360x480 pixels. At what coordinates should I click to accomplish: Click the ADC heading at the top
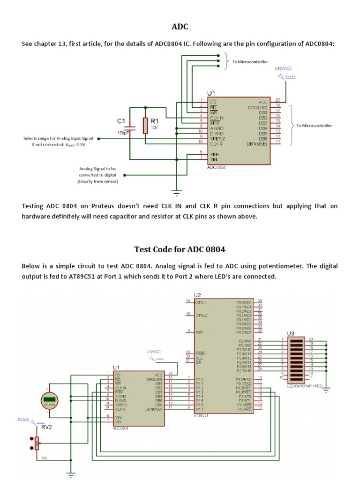pyautogui.click(x=180, y=27)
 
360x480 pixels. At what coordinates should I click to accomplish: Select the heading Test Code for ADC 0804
pyautogui.click(x=180, y=249)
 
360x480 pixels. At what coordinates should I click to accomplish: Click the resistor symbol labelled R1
pyautogui.click(x=145, y=126)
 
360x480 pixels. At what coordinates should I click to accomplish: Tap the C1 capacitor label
pyautogui.click(x=121, y=121)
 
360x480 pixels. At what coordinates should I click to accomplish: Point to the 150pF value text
pyautogui.click(x=123, y=133)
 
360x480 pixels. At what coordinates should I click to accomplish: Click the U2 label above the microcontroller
pyautogui.click(x=197, y=295)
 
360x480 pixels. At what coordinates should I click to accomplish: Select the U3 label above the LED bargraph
pyautogui.click(x=291, y=333)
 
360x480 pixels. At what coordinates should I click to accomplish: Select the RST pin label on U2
pyautogui.click(x=199, y=331)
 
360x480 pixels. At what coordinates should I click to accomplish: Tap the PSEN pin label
pyautogui.click(x=201, y=352)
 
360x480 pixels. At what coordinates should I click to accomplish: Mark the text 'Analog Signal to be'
pyautogui.click(x=98, y=168)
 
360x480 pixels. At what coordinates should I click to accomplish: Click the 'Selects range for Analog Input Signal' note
pyautogui.click(x=59, y=139)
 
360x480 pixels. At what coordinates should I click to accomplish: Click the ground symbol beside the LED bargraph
pyautogui.click(x=326, y=387)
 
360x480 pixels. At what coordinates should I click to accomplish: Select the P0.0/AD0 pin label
pyautogui.click(x=244, y=303)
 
